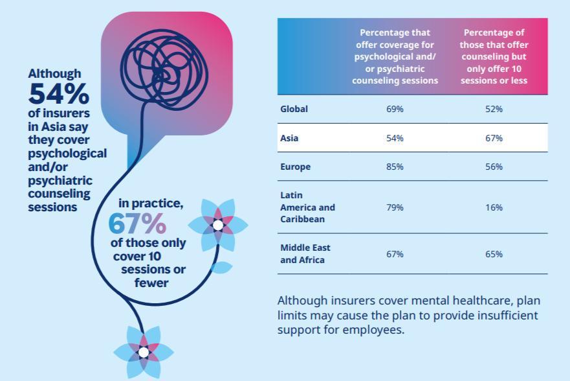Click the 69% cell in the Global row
tap(395, 109)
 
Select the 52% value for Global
tap(494, 109)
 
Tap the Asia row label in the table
tap(289, 138)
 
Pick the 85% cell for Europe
tap(395, 167)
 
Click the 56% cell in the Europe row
tap(494, 167)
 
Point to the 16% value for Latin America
tap(494, 207)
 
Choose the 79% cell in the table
tap(395, 207)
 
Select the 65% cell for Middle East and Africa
tap(494, 254)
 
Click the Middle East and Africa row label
tap(305, 253)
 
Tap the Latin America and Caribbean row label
tap(307, 207)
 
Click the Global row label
tap(294, 109)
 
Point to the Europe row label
tap(295, 167)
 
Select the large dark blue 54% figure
tap(58, 94)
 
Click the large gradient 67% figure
tap(137, 223)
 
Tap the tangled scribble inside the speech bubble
tap(164, 70)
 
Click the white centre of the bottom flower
tap(144, 352)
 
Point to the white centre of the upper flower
tap(218, 225)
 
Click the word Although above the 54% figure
tap(54, 73)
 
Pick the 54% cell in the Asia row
tap(395, 138)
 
